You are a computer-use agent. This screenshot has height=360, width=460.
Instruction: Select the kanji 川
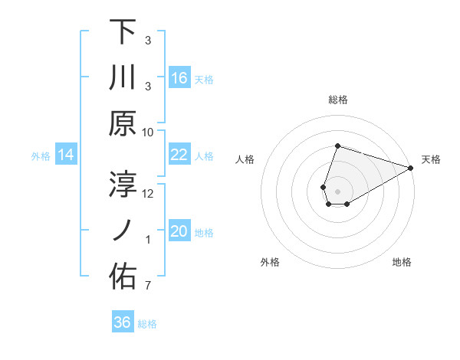tap(123, 77)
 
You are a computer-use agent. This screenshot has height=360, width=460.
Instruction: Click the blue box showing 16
tap(179, 78)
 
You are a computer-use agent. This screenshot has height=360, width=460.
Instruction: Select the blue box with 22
tap(179, 155)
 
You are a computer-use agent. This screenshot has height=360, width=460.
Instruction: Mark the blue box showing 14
tap(66, 155)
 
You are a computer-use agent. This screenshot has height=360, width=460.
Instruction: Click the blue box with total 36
tap(123, 322)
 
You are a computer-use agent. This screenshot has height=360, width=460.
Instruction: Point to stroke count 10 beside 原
tap(148, 133)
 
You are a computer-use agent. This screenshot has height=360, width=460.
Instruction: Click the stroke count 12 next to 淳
tap(148, 194)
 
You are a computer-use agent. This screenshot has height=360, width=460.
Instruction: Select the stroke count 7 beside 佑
tap(148, 286)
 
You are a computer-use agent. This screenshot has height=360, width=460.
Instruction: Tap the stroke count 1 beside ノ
tap(148, 240)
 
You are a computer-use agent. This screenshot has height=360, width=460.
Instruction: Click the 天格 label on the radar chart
tap(431, 160)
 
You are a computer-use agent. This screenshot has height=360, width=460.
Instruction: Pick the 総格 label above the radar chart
tap(337, 100)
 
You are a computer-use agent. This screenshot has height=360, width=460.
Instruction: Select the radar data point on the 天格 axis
tap(411, 169)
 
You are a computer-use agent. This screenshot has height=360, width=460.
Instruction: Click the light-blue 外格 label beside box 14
tap(41, 156)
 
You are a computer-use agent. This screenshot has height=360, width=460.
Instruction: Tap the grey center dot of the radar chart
tap(337, 190)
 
